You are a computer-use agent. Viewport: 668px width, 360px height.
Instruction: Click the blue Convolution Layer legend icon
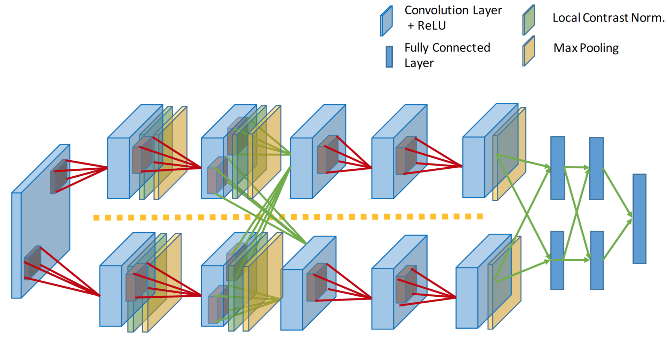coord(386,21)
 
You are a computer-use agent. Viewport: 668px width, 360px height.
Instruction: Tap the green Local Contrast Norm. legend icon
coord(528,20)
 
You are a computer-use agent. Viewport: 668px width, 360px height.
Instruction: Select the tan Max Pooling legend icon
coord(528,51)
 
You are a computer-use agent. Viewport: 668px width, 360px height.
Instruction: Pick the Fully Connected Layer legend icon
coord(389,57)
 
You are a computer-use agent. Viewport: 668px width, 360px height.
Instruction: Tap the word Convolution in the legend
coord(430,10)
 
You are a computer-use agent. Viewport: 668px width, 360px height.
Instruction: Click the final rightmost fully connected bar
coord(639,219)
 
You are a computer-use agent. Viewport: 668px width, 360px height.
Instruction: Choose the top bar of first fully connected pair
coord(557,168)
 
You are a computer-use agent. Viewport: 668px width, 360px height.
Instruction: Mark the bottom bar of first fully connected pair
coord(557,260)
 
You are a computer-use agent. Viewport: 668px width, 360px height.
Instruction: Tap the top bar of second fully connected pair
coord(596,168)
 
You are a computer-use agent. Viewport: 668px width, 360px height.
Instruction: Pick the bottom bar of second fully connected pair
coord(597,260)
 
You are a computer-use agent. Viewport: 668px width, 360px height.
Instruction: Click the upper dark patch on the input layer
coord(59,177)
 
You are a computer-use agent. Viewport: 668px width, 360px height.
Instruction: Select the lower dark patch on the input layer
coord(32,263)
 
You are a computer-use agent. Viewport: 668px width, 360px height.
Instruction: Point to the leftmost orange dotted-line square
coord(96,218)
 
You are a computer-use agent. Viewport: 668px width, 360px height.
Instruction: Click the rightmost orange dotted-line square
coord(480,216)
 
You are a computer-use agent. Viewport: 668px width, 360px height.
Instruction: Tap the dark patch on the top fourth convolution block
coord(406,155)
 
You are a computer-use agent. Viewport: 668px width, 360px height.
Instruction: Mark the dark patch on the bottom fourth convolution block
coord(406,284)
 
